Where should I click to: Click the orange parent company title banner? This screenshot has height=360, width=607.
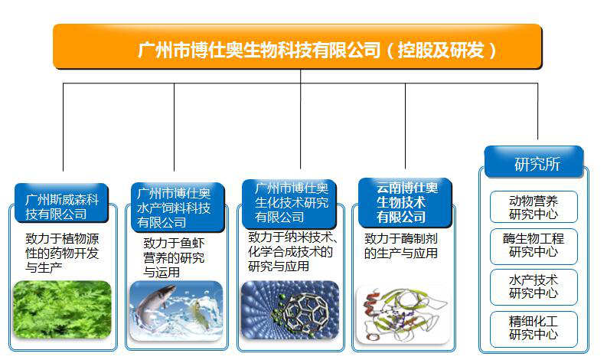pyautogui.click(x=297, y=47)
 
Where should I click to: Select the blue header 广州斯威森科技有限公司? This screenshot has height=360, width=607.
pyautogui.click(x=61, y=203)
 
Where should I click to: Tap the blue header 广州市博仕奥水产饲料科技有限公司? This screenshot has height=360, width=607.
pyautogui.click(x=178, y=208)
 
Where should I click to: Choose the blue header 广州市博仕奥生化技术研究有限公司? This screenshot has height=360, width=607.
pyautogui.click(x=289, y=204)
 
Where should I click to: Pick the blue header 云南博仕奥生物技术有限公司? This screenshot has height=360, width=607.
pyautogui.click(x=405, y=203)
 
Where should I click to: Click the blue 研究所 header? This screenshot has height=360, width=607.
pyautogui.click(x=534, y=162)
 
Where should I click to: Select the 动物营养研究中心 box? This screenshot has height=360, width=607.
pyautogui.click(x=534, y=207)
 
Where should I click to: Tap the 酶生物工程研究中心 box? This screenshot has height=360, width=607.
pyautogui.click(x=534, y=247)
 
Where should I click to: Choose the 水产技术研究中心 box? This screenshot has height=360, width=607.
pyautogui.click(x=534, y=287)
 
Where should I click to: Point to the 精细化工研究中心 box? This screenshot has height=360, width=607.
pyautogui.click(x=534, y=329)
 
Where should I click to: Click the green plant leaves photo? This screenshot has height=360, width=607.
pyautogui.click(x=62, y=309)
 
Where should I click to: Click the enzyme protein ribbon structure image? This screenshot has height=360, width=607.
pyautogui.click(x=403, y=315)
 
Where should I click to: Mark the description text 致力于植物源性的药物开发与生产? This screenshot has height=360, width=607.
pyautogui.click(x=62, y=253)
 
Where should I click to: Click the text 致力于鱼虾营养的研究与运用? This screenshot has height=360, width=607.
pyautogui.click(x=174, y=257)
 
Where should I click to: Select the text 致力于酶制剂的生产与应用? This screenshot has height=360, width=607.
pyautogui.click(x=401, y=246)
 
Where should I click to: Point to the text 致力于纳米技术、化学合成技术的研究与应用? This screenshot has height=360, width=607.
pyautogui.click(x=292, y=251)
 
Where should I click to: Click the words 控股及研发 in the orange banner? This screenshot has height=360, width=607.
pyautogui.click(x=441, y=50)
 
